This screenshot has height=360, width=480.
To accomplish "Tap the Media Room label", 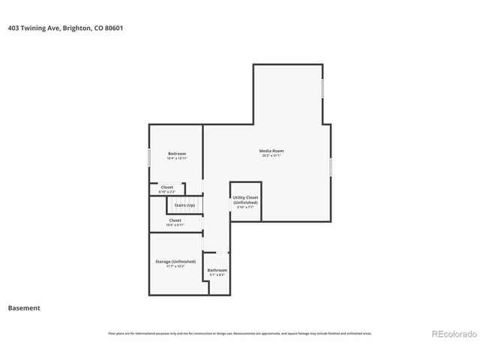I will (x=271, y=151).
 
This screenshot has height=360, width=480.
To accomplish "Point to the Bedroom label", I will (x=177, y=154).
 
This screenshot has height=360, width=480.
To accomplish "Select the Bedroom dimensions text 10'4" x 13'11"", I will (x=177, y=159).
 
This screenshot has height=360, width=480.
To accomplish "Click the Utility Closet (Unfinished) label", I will (x=245, y=200).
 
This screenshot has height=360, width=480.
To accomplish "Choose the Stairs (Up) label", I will (x=184, y=205).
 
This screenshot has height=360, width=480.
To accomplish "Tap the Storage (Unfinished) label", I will (x=175, y=261).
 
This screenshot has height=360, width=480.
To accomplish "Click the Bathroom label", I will (x=217, y=270).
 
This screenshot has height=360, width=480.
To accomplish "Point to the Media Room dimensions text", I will (x=271, y=156).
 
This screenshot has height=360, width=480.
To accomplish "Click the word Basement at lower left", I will (x=24, y=307).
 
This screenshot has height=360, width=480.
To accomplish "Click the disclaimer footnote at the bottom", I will (x=239, y=333).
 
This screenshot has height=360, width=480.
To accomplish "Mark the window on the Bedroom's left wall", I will (x=149, y=157).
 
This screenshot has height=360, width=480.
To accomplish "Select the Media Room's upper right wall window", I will (x=323, y=88).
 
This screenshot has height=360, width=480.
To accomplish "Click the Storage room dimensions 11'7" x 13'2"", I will (x=175, y=266).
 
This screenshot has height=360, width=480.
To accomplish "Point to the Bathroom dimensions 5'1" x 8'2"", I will (x=217, y=275).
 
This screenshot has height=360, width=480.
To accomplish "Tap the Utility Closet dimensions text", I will (x=245, y=208).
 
